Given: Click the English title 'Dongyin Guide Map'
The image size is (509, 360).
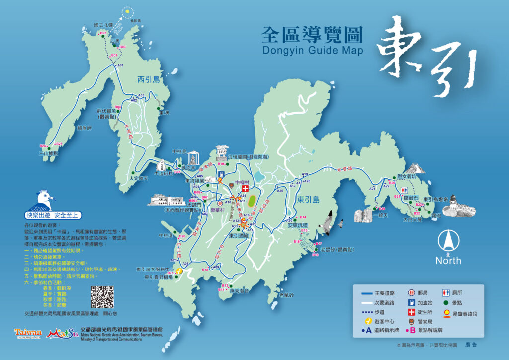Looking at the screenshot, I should point(312,50).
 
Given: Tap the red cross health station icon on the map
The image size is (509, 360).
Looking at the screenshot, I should point(244,189).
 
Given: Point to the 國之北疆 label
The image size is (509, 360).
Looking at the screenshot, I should point(103,24).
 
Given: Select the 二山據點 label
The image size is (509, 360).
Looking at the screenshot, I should point(48,154).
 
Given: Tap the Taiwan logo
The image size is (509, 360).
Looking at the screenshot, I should point(28,332).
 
